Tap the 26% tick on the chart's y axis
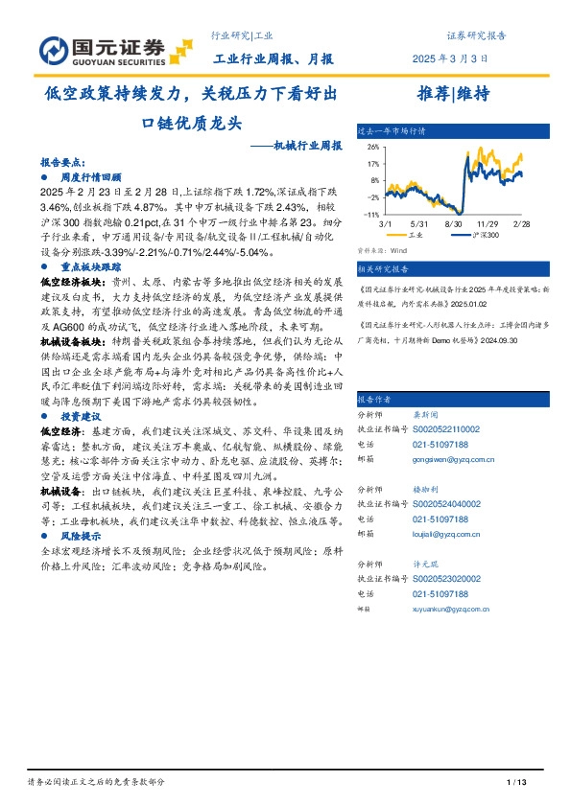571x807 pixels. pyautogui.click(x=372, y=147)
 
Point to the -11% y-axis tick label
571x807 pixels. pyautogui.click(x=371, y=215)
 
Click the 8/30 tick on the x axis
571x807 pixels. pyautogui.click(x=455, y=222)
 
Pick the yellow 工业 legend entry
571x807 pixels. pyautogui.click(x=411, y=235)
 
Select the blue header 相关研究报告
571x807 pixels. pyautogui.click(x=383, y=269)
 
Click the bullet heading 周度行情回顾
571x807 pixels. pyautogui.click(x=91, y=177)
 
